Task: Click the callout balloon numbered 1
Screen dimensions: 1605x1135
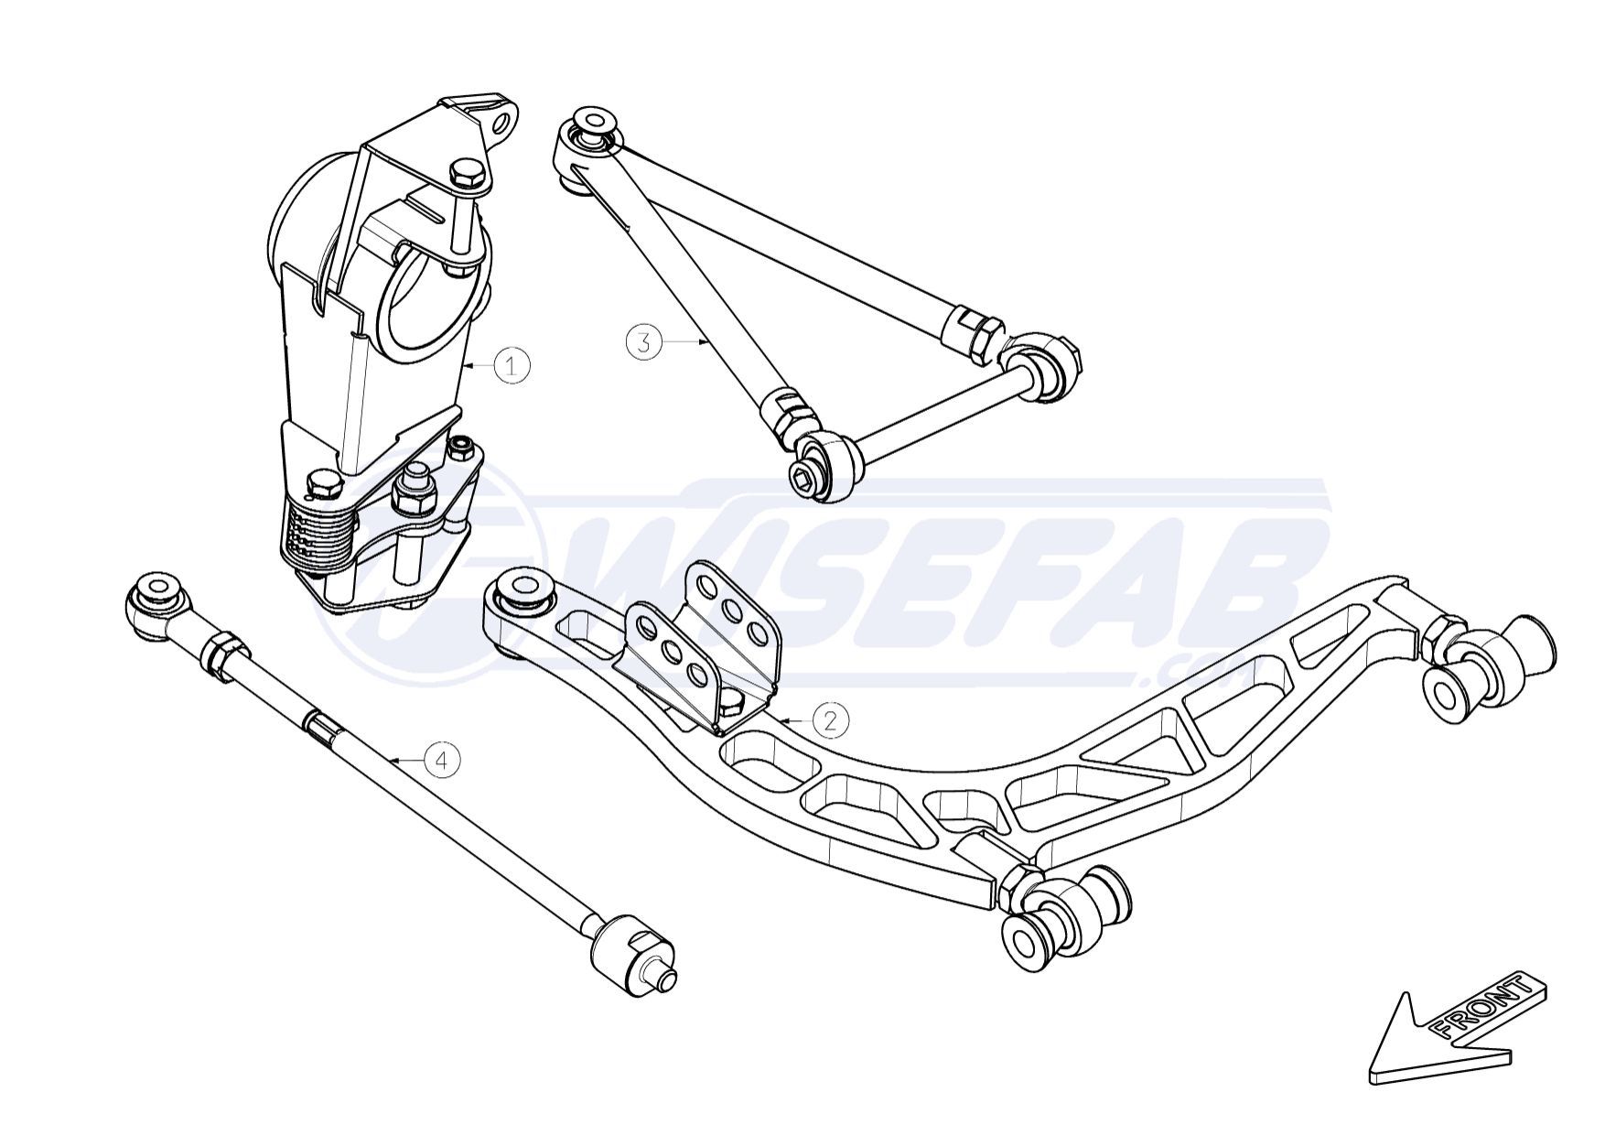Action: (x=512, y=366)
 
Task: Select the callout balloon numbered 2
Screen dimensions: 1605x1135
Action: (x=830, y=720)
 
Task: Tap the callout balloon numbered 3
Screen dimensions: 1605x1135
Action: (x=644, y=342)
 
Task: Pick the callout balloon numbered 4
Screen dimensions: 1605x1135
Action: (x=442, y=760)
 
